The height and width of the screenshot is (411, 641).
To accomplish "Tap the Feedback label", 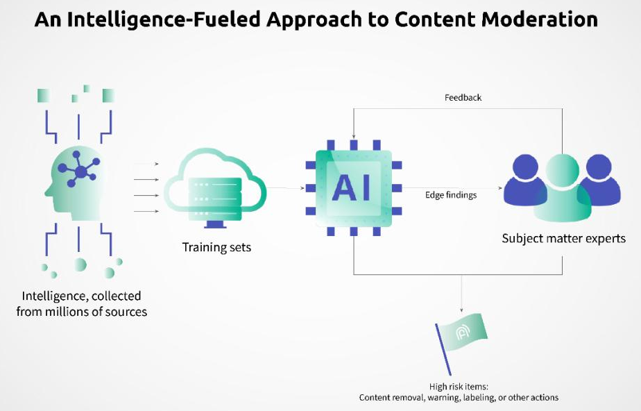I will (463, 98).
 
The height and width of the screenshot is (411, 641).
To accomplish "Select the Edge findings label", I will (451, 195).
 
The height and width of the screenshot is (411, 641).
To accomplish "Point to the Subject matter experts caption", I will (563, 239).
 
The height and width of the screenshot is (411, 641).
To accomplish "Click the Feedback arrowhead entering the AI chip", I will (353, 135).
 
